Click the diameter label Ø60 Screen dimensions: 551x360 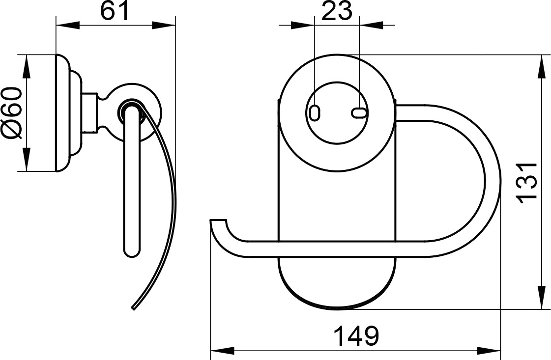click(12, 113)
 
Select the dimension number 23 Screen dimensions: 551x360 click(336, 11)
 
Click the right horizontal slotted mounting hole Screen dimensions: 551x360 click(358, 112)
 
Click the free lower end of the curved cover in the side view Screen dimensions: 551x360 click(133, 308)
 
